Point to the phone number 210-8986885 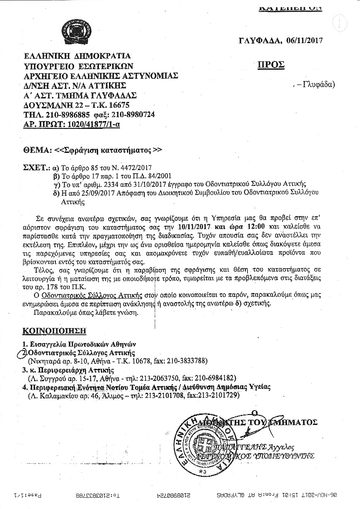pyautogui.click(x=64, y=115)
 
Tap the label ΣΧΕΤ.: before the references pyautogui.click(x=36, y=167)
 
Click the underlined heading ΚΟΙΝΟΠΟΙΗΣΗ pyautogui.click(x=54, y=330)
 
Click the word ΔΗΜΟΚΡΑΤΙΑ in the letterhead pyautogui.click(x=97, y=56)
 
